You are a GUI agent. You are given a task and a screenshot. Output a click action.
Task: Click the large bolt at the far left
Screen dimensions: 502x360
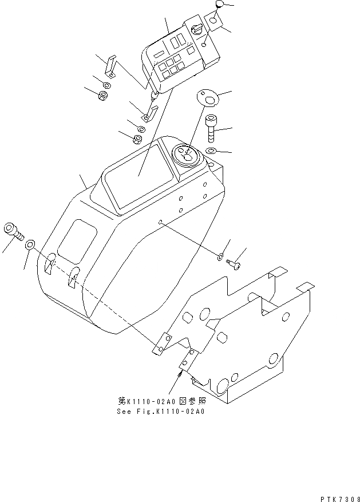pos(13,231)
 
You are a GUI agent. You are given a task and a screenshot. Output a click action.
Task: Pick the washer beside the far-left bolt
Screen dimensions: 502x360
pos(31,246)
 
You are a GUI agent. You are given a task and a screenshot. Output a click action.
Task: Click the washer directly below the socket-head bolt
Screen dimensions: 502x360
pos(211,151)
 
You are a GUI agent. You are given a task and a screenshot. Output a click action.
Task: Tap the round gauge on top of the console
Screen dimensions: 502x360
pos(185,155)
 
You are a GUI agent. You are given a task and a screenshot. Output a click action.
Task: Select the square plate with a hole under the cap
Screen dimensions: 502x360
pos(213,21)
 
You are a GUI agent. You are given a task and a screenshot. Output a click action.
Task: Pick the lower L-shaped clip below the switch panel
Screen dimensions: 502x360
pos(151,111)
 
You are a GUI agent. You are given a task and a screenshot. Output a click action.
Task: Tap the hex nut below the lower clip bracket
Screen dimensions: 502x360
pos(138,139)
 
